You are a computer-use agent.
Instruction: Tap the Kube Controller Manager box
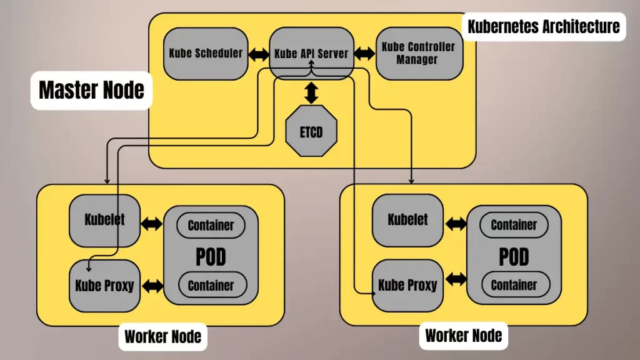pyautogui.click(x=419, y=54)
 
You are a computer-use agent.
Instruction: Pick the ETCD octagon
pyautogui.click(x=311, y=132)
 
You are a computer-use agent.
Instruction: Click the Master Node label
pyautogui.click(x=91, y=90)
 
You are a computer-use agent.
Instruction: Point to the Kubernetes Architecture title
pyautogui.click(x=543, y=26)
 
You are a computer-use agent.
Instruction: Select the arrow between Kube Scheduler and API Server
pyautogui.click(x=258, y=54)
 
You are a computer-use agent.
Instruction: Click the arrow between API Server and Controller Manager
pyautogui.click(x=364, y=54)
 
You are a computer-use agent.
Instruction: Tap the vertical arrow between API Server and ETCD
pyautogui.click(x=311, y=93)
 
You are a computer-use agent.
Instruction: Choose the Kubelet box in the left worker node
pyautogui.click(x=104, y=220)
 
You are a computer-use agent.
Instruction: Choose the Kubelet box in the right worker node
pyautogui.click(x=407, y=220)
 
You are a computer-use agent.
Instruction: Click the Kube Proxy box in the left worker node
pyautogui.click(x=104, y=286)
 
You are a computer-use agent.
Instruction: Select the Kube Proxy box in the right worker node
pyautogui.click(x=407, y=286)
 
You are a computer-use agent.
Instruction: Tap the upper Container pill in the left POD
pyautogui.click(x=211, y=225)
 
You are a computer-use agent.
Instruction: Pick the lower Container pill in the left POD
pyautogui.click(x=211, y=285)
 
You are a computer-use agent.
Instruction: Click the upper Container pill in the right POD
pyautogui.click(x=514, y=225)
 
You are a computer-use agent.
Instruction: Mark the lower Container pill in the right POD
pyautogui.click(x=514, y=285)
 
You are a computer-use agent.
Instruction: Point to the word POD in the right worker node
pyautogui.click(x=514, y=256)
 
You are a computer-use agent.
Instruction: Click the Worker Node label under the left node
pyautogui.click(x=162, y=337)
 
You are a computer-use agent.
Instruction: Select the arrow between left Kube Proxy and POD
pyautogui.click(x=152, y=286)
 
